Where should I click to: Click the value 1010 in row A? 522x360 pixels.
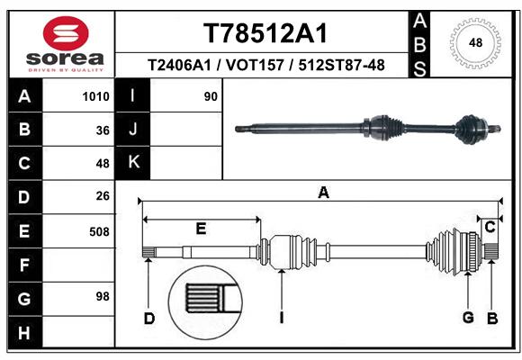coord(95,97)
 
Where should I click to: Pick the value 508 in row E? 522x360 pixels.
coord(99,231)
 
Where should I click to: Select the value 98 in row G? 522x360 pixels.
coord(102,296)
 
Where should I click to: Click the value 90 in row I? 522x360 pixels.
coord(211,97)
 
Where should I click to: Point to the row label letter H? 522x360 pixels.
coord(23,334)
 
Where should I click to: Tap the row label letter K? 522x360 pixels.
coord(134,163)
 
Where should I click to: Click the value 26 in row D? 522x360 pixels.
coord(102,196)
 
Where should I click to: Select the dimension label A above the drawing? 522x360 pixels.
coord(323,192)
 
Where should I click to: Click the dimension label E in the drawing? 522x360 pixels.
coord(201,229)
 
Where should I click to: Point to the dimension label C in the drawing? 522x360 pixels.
coord(490,228)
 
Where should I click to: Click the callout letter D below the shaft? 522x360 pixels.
coord(149,318)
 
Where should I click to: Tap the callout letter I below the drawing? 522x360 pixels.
coord(282,318)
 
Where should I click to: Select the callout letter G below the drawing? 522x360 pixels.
coord(468,318)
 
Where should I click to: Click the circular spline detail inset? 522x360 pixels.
coord(206,298)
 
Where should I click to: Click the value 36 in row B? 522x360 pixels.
coord(103,130)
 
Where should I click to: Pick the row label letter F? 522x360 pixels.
coord(23,266)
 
